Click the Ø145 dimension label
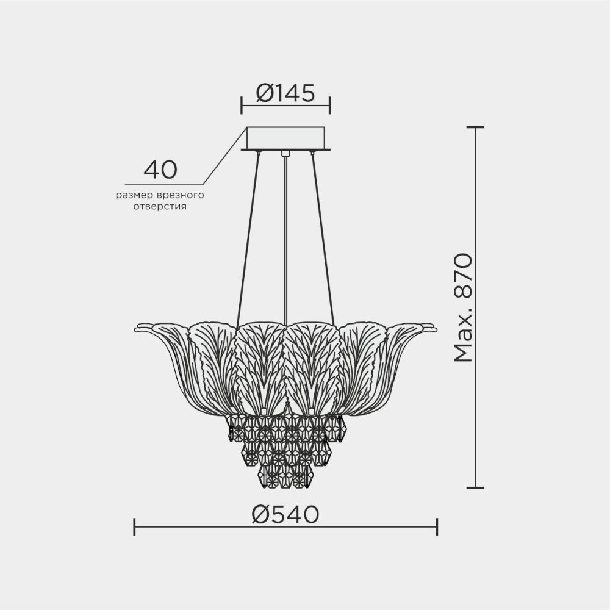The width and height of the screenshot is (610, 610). tap(285, 93)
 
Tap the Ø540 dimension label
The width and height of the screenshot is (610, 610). tap(285, 515)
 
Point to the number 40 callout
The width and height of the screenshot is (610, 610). tap(160, 170)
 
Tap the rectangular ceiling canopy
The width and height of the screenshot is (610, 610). tap(285, 137)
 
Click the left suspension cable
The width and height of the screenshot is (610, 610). tap(248, 238)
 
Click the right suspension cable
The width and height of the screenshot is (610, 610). tap(323, 238)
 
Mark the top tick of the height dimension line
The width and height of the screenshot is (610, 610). tap(475, 127)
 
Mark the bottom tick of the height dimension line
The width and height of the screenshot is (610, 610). tap(475, 487)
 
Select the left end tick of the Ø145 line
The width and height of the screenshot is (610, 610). tap(242, 105)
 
